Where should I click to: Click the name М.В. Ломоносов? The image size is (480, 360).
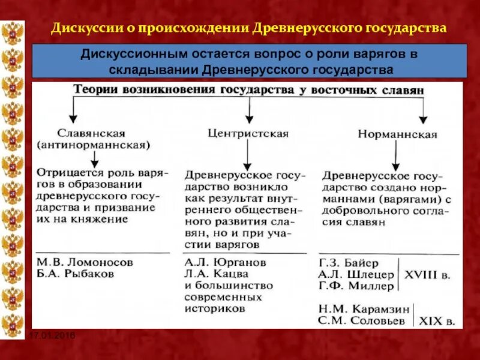85,262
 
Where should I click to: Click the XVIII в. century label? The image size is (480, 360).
428,274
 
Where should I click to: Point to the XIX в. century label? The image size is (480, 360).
436,321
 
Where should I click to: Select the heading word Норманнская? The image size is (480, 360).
397,134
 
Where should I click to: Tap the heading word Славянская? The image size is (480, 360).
91,133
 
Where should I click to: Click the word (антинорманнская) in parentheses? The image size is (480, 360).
93,145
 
